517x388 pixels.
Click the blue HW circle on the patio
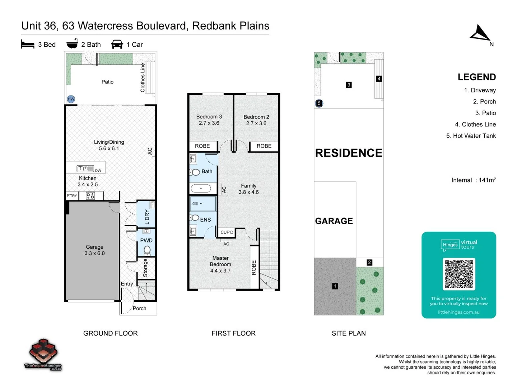(x=71, y=99)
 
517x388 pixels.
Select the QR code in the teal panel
(x=459, y=274)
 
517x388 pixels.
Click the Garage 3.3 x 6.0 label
(x=94, y=250)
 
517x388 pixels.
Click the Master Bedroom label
(x=220, y=264)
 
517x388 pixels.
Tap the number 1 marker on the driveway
(x=335, y=286)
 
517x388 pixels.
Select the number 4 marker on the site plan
(x=379, y=79)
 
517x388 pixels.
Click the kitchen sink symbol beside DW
(x=85, y=168)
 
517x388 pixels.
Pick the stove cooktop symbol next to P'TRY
(x=90, y=196)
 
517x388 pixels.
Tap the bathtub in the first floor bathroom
(x=201, y=188)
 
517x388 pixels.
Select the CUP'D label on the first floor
(x=227, y=232)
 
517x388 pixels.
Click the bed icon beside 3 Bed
(x=28, y=45)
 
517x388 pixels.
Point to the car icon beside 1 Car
(x=117, y=45)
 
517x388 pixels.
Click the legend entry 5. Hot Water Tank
(x=471, y=136)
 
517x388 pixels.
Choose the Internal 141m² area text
(x=473, y=180)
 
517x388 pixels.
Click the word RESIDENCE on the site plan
(x=348, y=153)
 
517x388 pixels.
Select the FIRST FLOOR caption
(x=233, y=333)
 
